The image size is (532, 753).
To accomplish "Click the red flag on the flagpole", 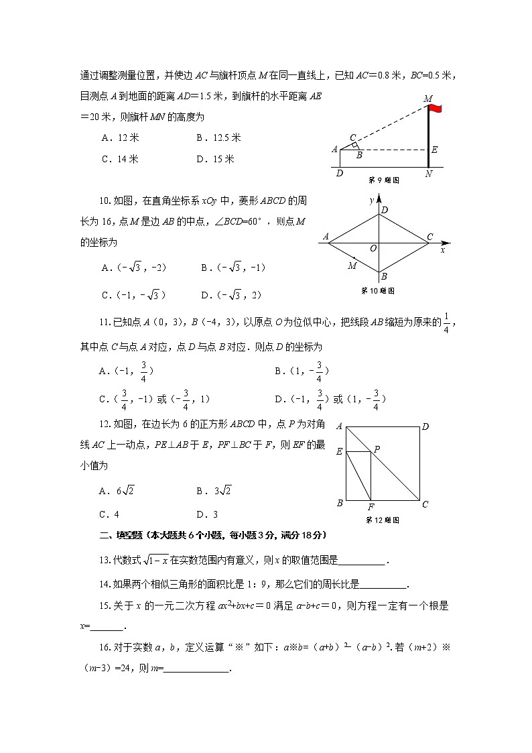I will tap(436, 109).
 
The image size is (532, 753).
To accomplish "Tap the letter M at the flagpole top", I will tap(428, 99).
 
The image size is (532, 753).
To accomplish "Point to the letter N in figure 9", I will tap(428, 174).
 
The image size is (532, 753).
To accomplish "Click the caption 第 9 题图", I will tap(384, 180).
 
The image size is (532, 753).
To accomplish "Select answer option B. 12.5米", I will tap(218, 138).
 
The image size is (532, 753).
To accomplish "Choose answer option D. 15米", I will tap(215, 159).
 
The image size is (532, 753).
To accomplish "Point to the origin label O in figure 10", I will tap(373, 248).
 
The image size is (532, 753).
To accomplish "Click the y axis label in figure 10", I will tap(371, 200).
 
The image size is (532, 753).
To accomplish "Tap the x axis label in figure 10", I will tap(443, 249).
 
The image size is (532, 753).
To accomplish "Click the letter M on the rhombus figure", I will tap(352, 266).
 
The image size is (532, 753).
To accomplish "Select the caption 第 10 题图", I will tap(378, 290).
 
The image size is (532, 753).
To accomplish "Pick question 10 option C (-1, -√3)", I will tap(133, 294).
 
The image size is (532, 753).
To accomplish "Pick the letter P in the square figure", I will tap(377, 449).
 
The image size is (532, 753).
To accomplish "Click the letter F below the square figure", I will tap(371, 507).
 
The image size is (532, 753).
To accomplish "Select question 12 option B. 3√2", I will tap(214, 491).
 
